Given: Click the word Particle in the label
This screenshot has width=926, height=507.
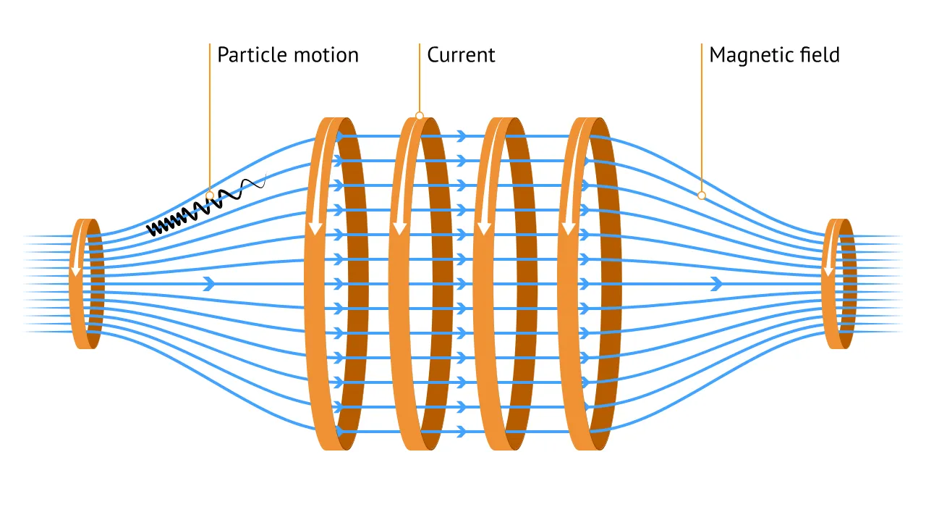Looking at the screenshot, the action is [x=252, y=55].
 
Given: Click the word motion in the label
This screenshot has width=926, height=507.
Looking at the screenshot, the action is [x=326, y=55].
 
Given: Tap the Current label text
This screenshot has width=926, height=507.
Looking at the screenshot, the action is [x=461, y=55].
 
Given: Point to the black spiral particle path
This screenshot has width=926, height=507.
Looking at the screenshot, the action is [x=206, y=206].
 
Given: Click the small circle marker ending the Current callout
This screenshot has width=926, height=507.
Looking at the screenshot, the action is [x=419, y=115].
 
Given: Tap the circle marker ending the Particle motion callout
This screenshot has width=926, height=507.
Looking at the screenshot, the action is [x=210, y=196].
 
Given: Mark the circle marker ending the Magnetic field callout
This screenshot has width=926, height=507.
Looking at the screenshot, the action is [x=702, y=196].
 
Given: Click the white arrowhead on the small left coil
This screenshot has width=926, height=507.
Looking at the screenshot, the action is [x=76, y=271].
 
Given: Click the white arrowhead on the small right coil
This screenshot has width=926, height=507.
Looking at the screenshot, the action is [x=828, y=271].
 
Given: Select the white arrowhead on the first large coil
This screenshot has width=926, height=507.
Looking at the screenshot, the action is [x=315, y=228].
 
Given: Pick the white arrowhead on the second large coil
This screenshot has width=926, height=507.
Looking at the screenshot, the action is [x=400, y=228].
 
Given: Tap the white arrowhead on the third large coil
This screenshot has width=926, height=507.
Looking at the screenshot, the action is [x=484, y=228].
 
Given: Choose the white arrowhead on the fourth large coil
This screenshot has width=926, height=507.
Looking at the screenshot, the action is [x=569, y=228].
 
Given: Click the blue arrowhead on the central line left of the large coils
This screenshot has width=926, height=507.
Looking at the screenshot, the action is [x=210, y=284].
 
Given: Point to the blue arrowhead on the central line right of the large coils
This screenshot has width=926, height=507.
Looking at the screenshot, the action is [x=717, y=284].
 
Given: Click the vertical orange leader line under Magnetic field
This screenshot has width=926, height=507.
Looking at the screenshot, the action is [x=702, y=117].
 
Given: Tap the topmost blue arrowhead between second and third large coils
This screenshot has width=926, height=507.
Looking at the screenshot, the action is [x=462, y=135].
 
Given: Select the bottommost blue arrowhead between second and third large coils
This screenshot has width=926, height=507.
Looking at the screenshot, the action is [x=462, y=432].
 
